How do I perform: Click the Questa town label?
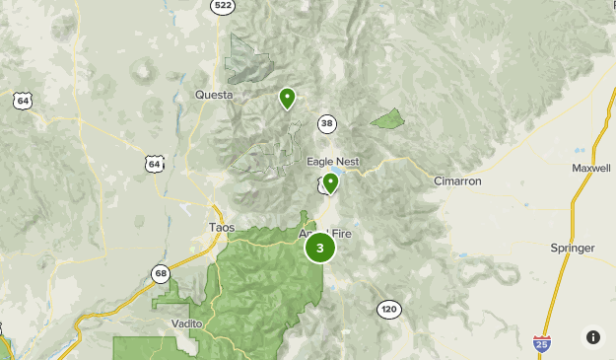(214, 95)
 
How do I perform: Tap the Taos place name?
(222, 227)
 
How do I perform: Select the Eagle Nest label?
(332, 161)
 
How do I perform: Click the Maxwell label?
(591, 168)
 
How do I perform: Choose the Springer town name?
(574, 248)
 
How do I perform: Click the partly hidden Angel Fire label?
(325, 234)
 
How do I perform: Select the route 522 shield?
(224, 6)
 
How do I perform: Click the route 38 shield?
(327, 123)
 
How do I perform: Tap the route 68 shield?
(161, 273)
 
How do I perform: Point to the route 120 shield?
(388, 310)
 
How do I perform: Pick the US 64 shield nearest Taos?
(154, 164)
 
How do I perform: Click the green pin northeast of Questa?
(287, 98)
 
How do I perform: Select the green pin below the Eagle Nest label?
(330, 182)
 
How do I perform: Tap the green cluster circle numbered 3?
(319, 248)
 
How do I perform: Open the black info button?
(592, 337)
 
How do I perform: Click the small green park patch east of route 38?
(388, 119)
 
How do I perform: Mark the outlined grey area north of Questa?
(245, 59)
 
